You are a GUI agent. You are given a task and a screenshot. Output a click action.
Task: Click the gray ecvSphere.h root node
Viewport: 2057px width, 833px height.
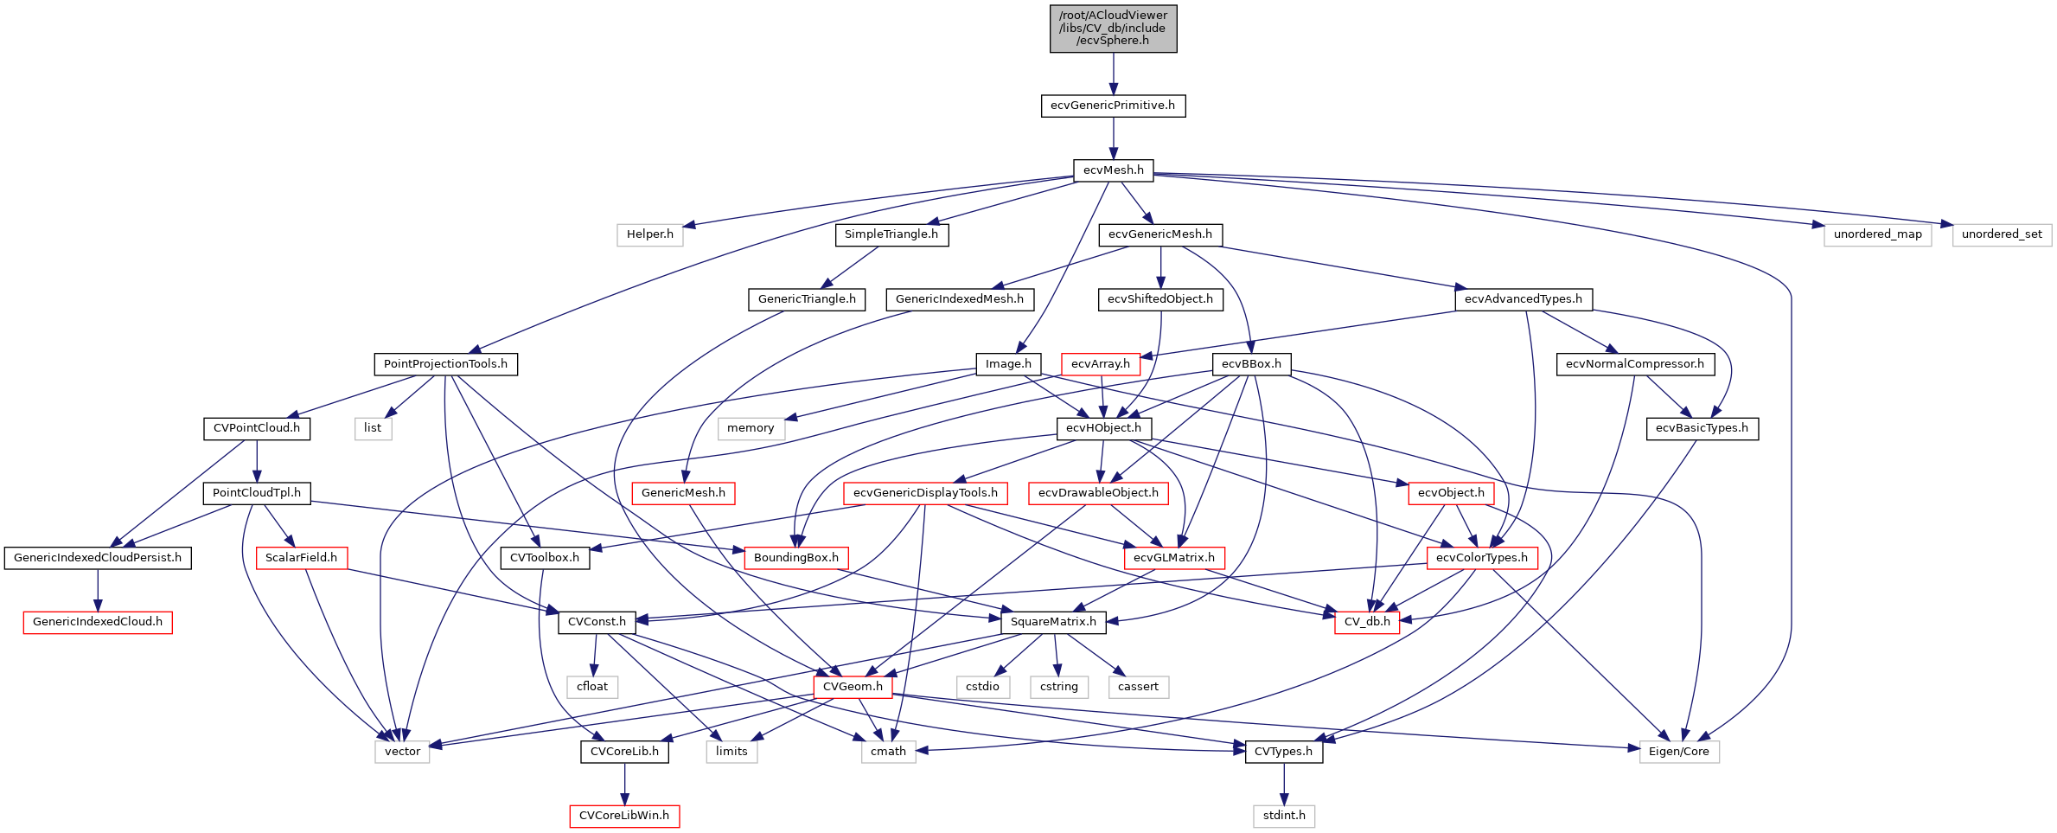(x=1113, y=29)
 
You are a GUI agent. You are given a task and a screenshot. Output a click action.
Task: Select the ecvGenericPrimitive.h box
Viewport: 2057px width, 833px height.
(x=1113, y=106)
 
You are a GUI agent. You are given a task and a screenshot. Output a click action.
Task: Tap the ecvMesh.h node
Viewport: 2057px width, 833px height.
(x=1113, y=170)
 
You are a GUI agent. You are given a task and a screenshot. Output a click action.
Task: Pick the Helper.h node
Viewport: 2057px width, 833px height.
(x=649, y=234)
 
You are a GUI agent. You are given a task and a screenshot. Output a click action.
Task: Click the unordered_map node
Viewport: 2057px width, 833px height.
(x=1877, y=234)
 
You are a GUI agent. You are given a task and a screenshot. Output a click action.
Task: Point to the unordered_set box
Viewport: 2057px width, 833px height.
(x=2002, y=234)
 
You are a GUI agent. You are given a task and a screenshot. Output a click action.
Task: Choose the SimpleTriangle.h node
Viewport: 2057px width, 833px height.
(x=891, y=234)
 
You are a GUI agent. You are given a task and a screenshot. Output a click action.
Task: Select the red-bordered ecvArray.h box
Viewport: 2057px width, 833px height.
(x=1100, y=364)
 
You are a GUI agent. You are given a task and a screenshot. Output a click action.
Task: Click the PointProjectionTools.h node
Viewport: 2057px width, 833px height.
(x=445, y=364)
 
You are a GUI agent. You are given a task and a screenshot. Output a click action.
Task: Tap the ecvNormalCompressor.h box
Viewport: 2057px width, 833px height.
(x=1634, y=364)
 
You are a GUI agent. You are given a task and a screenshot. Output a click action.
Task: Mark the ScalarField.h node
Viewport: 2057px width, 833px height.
(x=301, y=558)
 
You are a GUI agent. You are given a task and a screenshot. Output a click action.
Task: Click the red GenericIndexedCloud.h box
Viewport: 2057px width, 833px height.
(x=98, y=622)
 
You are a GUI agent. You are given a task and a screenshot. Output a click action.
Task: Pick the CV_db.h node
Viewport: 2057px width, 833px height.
(x=1367, y=622)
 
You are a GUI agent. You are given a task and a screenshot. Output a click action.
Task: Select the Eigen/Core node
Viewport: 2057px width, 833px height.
(x=1678, y=752)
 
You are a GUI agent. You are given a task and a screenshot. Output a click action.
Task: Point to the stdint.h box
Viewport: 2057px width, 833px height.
(x=1284, y=816)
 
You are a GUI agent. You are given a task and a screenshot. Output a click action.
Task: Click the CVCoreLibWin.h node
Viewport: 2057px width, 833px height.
(x=624, y=816)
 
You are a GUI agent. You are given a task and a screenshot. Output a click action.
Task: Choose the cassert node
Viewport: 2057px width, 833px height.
(x=1138, y=687)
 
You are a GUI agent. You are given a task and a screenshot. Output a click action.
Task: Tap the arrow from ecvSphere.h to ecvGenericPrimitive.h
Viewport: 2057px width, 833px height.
(x=1113, y=74)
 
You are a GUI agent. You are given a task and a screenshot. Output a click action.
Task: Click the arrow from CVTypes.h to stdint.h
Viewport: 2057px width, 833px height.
(x=1284, y=784)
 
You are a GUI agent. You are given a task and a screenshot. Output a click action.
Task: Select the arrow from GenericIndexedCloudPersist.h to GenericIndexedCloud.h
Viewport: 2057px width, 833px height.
(x=98, y=590)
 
